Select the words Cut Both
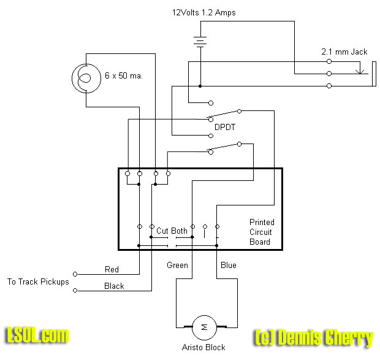pyautogui.click(x=172, y=231)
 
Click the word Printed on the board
pyautogui.click(x=262, y=222)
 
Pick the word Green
pyautogui.click(x=178, y=266)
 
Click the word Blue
pyautogui.click(x=228, y=266)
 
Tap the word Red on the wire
pyautogui.click(x=112, y=269)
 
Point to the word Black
pyautogui.click(x=114, y=286)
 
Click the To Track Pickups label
pyautogui.click(x=38, y=282)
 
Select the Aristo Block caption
pyautogui.click(x=203, y=348)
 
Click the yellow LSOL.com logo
pyautogui.click(x=37, y=335)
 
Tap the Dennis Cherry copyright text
pyautogui.click(x=313, y=337)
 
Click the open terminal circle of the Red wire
pyautogui.click(x=75, y=274)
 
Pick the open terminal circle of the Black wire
pyautogui.click(x=75, y=290)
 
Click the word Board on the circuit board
pyautogui.click(x=260, y=242)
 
